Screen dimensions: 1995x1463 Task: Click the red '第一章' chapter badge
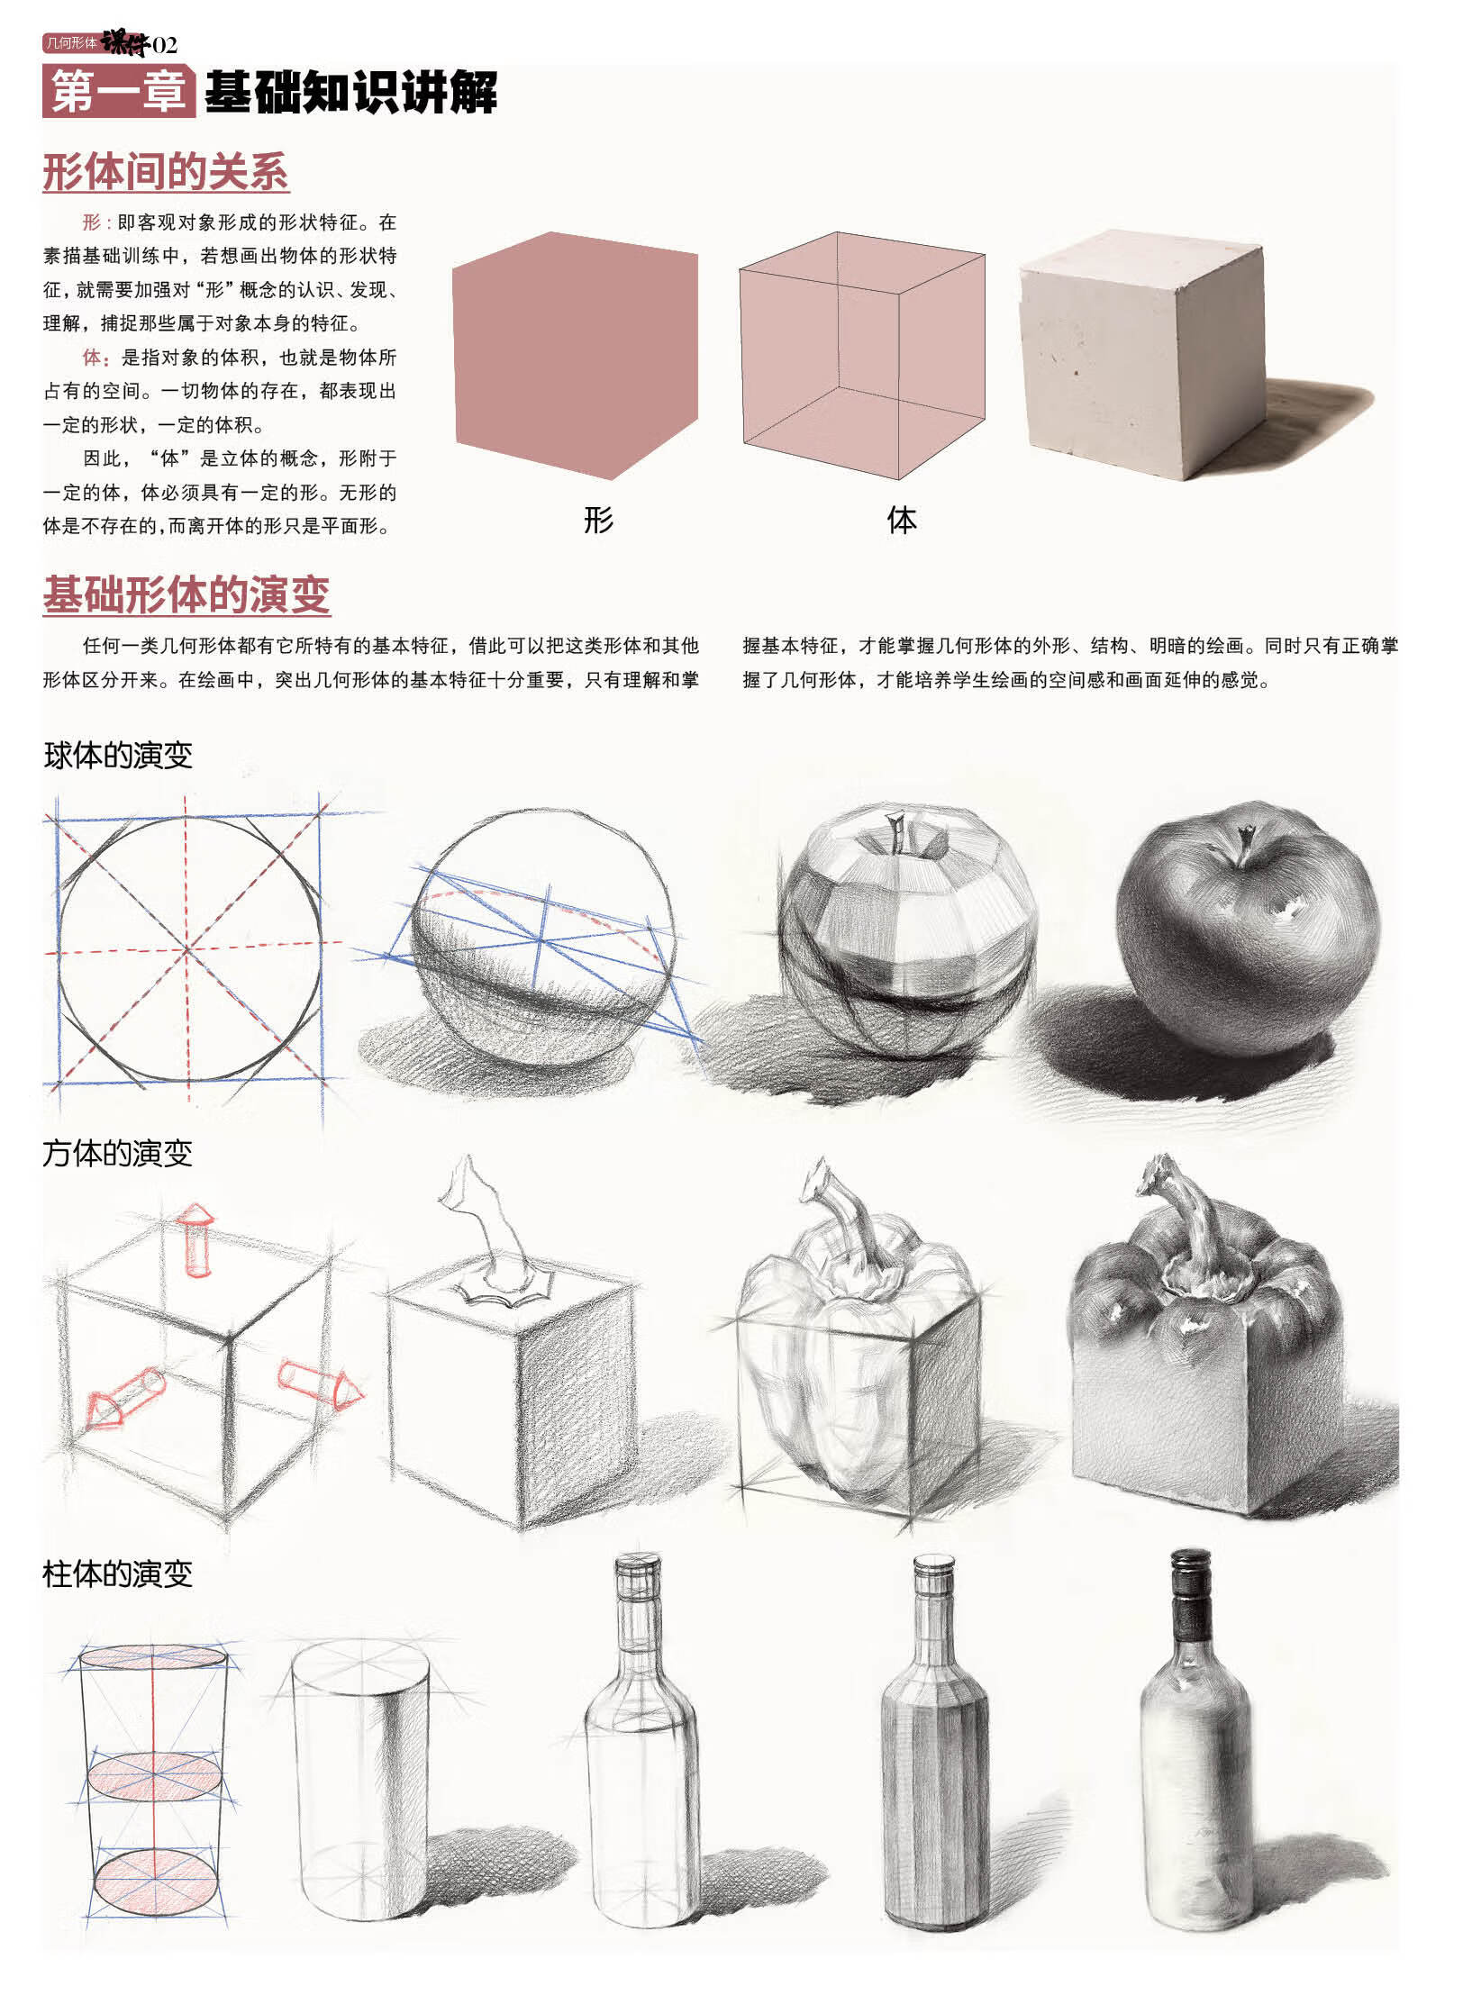pyautogui.click(x=118, y=92)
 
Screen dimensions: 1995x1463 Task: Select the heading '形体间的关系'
pyautogui.click(x=166, y=172)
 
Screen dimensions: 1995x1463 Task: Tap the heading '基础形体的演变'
pyautogui.click(x=186, y=594)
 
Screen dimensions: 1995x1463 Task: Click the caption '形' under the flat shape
pyautogui.click(x=598, y=520)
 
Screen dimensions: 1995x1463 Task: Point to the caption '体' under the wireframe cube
pyautogui.click(x=901, y=520)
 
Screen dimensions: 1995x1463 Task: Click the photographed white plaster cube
pyautogui.click(x=1144, y=356)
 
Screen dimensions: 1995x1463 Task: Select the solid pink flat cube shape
pyautogui.click(x=575, y=356)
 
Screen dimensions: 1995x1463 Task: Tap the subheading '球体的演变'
pyautogui.click(x=118, y=755)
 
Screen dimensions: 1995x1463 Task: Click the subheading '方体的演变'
pyautogui.click(x=118, y=1153)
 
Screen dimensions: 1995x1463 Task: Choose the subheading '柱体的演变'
pyautogui.click(x=118, y=1573)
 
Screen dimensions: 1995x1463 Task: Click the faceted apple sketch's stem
pyautogui.click(x=896, y=830)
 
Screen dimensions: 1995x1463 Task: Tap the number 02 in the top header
pyautogui.click(x=165, y=44)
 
